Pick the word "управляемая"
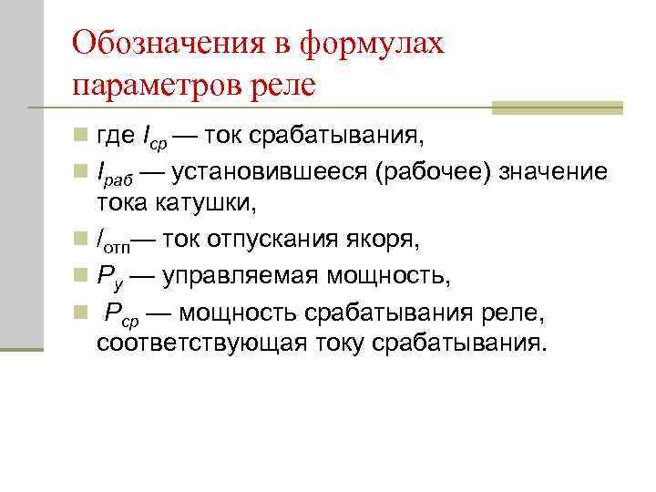pyautogui.click(x=230, y=276)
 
